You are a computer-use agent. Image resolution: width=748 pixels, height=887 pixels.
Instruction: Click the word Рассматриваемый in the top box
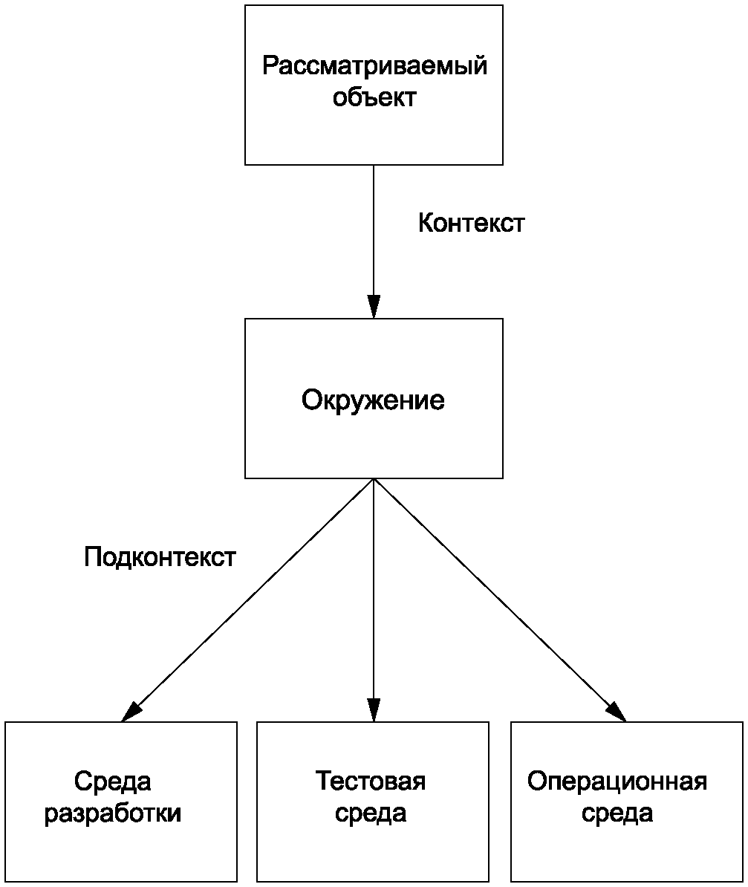[x=374, y=66]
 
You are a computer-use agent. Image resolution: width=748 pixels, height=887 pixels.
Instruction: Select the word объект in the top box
[x=374, y=98]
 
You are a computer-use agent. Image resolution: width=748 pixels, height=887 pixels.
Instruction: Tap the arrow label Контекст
[x=471, y=224]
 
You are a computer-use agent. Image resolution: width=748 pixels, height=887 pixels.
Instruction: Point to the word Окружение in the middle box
[x=373, y=400]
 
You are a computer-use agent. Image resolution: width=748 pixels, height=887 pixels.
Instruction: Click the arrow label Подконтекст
[x=160, y=557]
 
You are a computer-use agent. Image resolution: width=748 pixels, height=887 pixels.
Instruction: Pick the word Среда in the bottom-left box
[x=113, y=782]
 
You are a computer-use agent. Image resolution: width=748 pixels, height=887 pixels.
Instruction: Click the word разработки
[x=113, y=813]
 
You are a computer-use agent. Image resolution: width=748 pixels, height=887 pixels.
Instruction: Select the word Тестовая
[x=371, y=782]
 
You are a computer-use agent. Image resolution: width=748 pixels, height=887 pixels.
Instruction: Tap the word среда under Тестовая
[x=371, y=813]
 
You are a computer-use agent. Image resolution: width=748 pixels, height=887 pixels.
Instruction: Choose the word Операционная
[x=617, y=782]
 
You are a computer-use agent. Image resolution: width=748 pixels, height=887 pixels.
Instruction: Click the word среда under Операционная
[x=617, y=813]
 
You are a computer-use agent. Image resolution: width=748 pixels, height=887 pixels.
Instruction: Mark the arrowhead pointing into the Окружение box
[x=374, y=307]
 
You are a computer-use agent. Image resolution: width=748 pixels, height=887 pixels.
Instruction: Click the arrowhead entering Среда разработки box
[x=131, y=712]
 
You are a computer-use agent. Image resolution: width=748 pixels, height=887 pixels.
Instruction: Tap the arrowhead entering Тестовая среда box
[x=374, y=709]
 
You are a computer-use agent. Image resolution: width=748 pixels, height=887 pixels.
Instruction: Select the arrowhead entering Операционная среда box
[x=617, y=712]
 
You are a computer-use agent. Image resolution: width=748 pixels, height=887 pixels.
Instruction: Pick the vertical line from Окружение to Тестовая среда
[x=374, y=594]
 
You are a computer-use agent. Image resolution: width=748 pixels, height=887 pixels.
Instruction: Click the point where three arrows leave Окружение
[x=374, y=479]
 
